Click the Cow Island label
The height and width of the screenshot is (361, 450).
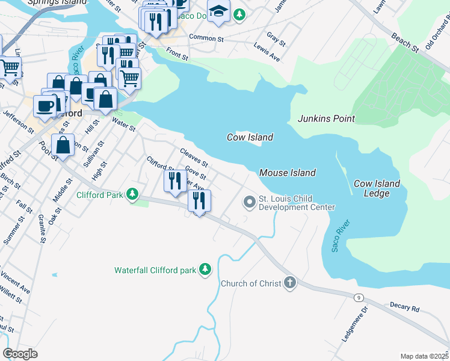tap(250, 137)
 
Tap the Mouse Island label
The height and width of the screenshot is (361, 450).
tap(287, 173)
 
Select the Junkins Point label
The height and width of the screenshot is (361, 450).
tap(326, 119)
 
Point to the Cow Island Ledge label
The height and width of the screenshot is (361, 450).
tap(377, 188)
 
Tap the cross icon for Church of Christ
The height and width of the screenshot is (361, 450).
tap(290, 283)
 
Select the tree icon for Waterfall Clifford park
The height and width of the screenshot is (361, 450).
tap(206, 270)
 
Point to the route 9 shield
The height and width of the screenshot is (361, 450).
tap(358, 297)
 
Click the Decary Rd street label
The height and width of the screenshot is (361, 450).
tap(404, 307)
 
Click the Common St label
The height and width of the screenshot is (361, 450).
tap(206, 37)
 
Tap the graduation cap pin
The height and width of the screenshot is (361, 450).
tap(218, 11)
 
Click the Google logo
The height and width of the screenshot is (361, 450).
tap(20, 354)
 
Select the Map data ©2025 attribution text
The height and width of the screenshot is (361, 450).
tap(424, 356)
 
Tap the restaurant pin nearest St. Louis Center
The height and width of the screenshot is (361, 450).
tap(199, 200)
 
